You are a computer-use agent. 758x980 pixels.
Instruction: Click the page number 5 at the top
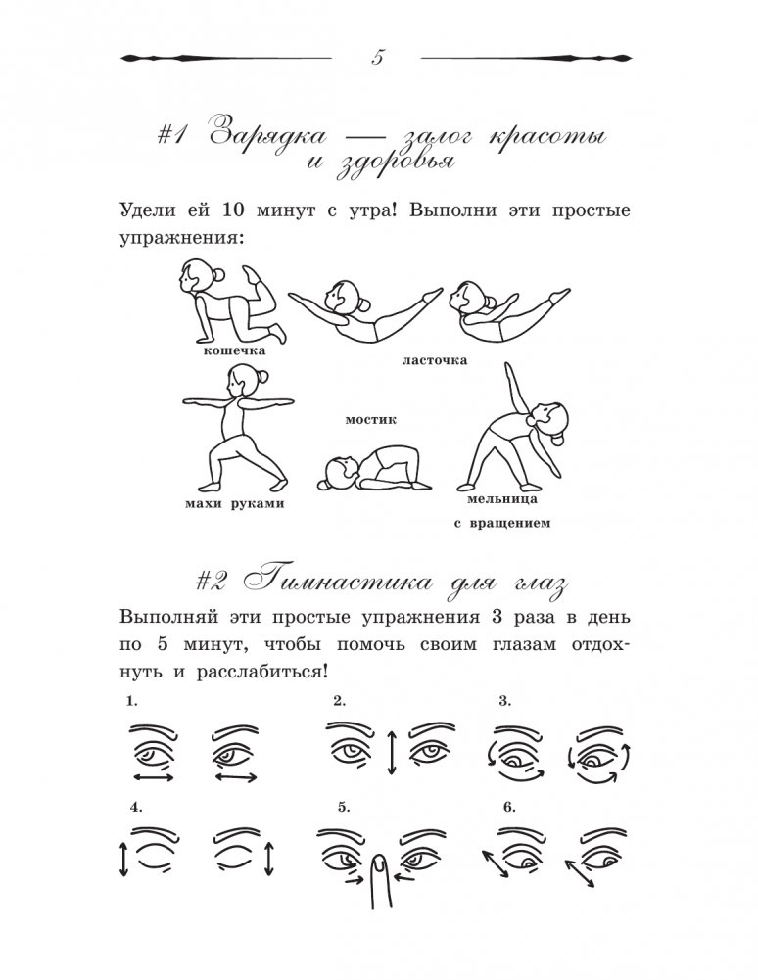pos(378,57)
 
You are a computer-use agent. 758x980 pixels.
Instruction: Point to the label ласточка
pos(434,360)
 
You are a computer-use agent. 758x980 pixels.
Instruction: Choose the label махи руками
pos(233,503)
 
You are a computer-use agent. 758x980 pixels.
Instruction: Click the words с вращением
pos(501,523)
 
